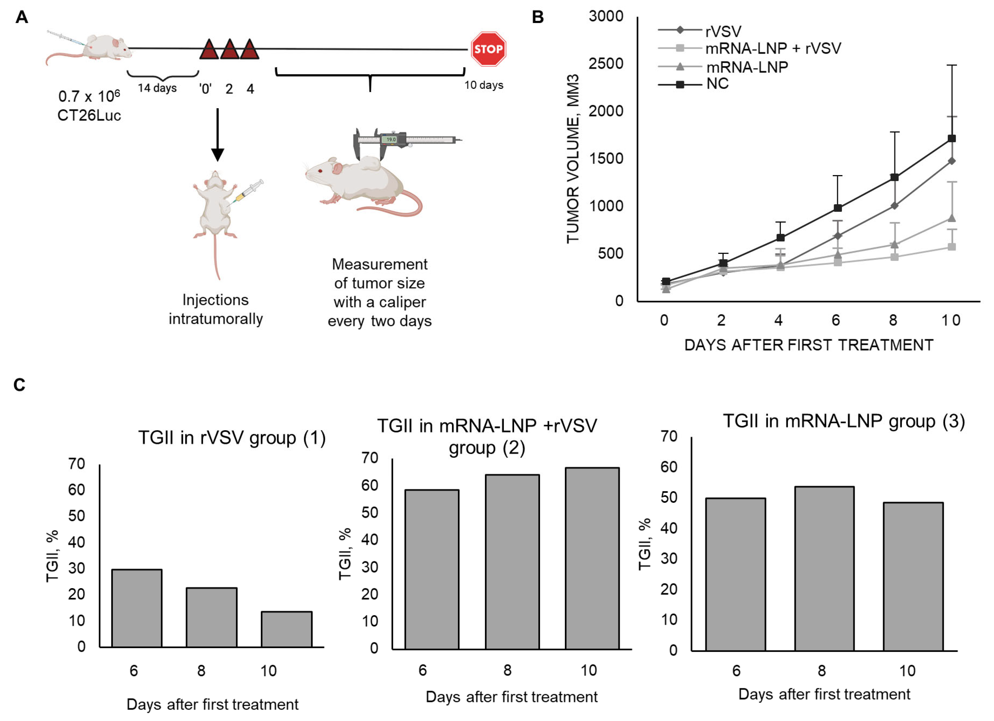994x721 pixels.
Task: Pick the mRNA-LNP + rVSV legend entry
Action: tap(773, 48)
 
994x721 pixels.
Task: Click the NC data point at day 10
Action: tap(951, 138)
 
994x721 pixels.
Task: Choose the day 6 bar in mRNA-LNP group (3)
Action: tap(735, 574)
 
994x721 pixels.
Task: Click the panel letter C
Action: tap(19, 385)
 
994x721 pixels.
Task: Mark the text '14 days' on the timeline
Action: tap(157, 88)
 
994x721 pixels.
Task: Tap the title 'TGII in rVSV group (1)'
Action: tap(232, 438)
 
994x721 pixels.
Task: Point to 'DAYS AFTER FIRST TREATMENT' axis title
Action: tap(809, 345)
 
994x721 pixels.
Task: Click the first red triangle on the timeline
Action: tap(209, 50)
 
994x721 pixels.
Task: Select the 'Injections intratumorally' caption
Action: tap(216, 309)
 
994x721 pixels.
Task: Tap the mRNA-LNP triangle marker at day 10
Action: tap(951, 218)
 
